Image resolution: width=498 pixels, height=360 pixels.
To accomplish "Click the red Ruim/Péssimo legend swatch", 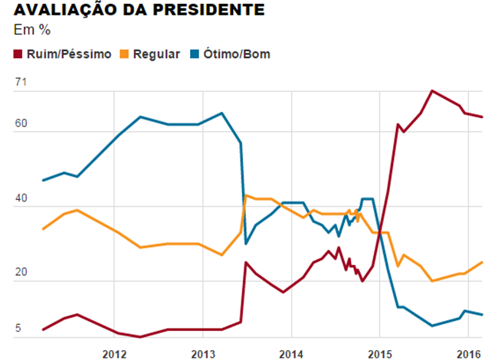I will tap(18, 54).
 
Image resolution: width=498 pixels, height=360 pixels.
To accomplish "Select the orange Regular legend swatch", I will tap(125, 54).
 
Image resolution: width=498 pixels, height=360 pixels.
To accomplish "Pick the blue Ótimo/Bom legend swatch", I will tap(195, 54).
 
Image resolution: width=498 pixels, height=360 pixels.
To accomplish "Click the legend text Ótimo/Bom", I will tap(237, 54).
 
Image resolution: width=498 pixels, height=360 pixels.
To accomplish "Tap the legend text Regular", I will tap(156, 54).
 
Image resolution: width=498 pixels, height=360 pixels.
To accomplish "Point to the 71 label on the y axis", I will tap(21, 82).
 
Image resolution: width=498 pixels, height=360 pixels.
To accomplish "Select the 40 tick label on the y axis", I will tap(21, 198).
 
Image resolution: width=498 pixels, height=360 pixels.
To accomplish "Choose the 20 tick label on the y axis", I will tap(21, 272).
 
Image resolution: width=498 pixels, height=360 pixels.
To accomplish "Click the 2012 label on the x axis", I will tap(113, 353).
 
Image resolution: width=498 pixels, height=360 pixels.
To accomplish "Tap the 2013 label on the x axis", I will tap(202, 353).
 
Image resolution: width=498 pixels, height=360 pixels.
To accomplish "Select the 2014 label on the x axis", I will tap(290, 353).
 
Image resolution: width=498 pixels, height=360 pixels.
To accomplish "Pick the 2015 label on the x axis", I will tap(379, 353).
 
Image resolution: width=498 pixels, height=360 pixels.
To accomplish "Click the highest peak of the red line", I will tap(433, 90).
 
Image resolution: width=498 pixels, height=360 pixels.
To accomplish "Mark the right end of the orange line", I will tap(482, 262).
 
